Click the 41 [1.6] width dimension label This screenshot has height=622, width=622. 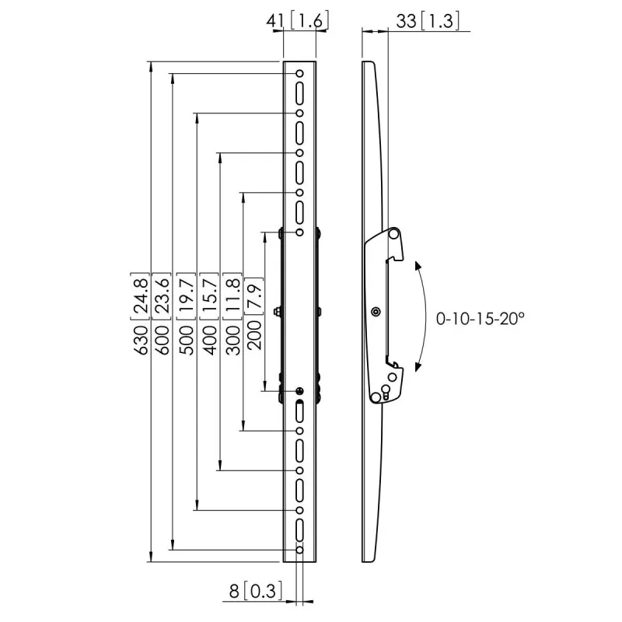pyautogui.click(x=298, y=21)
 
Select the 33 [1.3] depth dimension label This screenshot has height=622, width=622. pyautogui.click(x=428, y=21)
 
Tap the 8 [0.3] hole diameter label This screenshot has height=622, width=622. pyautogui.click(x=256, y=591)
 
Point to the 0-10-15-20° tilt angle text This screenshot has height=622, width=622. pyautogui.click(x=480, y=319)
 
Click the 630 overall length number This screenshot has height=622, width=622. pyautogui.click(x=141, y=340)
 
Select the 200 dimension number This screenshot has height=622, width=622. pyautogui.click(x=254, y=335)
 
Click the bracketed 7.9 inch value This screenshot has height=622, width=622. pyautogui.click(x=254, y=296)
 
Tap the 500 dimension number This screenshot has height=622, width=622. pyautogui.click(x=187, y=340)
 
